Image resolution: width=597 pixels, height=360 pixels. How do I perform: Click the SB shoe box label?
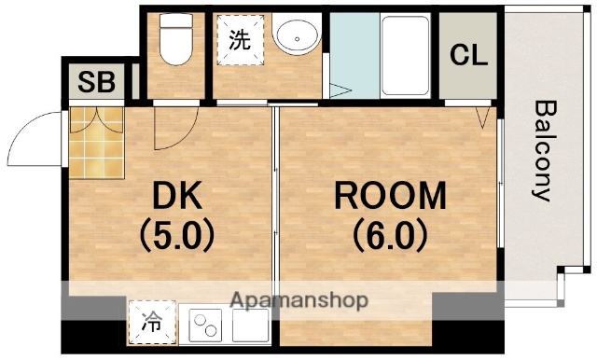point(96,82)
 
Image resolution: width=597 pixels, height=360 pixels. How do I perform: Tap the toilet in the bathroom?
point(174,42)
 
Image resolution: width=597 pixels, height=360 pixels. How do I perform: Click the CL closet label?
point(468,55)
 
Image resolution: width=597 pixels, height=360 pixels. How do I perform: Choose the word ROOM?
point(389,197)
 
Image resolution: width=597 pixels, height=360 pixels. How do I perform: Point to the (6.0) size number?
point(389,233)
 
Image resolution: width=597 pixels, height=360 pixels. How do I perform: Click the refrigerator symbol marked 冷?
point(150,323)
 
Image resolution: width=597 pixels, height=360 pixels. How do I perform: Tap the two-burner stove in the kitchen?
point(207,325)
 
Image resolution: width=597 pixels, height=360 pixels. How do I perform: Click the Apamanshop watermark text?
point(298,300)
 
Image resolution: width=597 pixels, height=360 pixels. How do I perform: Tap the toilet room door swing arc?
point(175,131)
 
